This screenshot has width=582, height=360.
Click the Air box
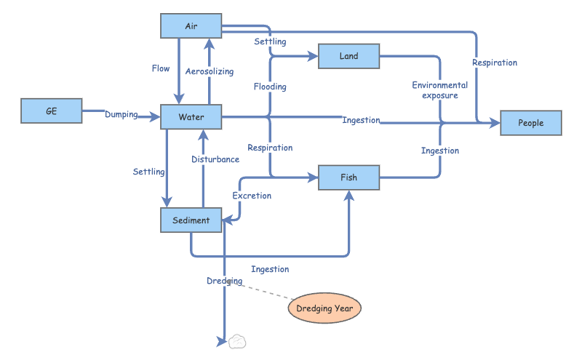click(191, 27)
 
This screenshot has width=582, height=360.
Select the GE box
click(52, 111)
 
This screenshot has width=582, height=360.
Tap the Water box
click(191, 117)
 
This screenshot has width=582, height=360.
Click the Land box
click(349, 56)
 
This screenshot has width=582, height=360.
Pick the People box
click(531, 123)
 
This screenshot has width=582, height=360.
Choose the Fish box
click(349, 177)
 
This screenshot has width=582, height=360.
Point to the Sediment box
click(191, 220)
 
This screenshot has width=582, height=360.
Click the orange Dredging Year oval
click(324, 308)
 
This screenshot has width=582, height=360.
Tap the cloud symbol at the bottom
click(236, 341)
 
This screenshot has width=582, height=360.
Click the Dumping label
click(121, 114)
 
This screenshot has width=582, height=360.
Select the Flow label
click(161, 69)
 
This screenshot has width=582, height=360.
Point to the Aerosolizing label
click(210, 71)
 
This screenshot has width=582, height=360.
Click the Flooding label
click(270, 87)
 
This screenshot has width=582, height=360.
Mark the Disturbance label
click(215, 159)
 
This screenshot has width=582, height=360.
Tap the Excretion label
click(252, 196)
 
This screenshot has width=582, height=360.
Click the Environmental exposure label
click(439, 90)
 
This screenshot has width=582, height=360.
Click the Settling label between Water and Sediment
click(148, 172)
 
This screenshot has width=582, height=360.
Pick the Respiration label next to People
click(495, 63)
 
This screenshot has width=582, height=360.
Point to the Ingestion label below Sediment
click(270, 269)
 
